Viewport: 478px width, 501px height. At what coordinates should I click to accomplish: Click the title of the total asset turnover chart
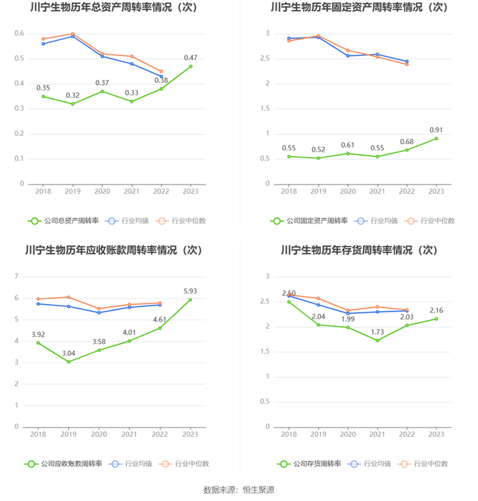[117, 8]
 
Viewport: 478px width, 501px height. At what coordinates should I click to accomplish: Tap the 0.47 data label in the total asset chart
[191, 57]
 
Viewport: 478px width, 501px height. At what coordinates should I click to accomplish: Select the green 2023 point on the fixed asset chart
[436, 139]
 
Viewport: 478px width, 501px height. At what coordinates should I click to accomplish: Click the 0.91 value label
[436, 129]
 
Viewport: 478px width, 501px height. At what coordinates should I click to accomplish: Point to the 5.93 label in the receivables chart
[191, 290]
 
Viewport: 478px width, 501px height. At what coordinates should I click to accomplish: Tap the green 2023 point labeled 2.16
[436, 319]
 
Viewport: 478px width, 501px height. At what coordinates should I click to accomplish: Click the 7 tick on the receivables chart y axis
[16, 276]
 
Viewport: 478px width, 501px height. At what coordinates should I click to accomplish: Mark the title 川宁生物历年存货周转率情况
[359, 251]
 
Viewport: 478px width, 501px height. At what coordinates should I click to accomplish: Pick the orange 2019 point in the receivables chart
[69, 297]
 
